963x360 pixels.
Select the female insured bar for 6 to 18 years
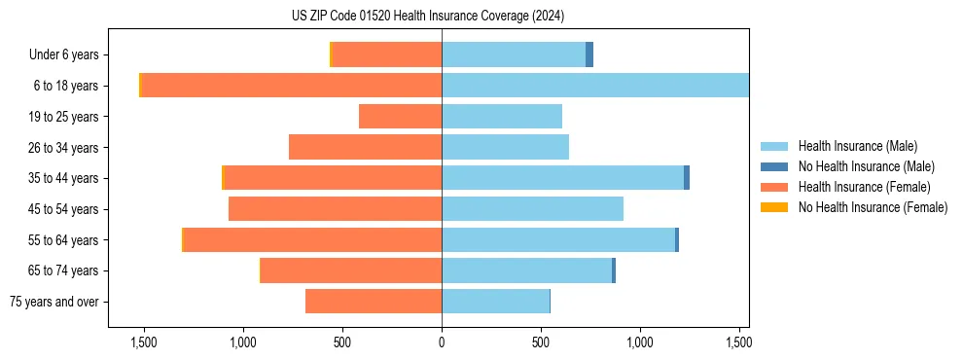(x=292, y=86)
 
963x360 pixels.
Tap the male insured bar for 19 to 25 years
(x=502, y=117)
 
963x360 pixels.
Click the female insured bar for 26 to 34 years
(x=366, y=147)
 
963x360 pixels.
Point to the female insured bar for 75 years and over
(x=374, y=302)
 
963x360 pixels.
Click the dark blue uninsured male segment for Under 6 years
(x=589, y=55)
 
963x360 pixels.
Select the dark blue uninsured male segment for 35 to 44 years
(x=687, y=178)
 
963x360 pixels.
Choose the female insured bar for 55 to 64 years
(x=312, y=239)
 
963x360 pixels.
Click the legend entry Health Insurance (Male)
(x=857, y=146)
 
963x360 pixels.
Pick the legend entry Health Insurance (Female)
(x=864, y=187)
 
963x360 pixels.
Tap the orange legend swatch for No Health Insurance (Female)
(x=774, y=207)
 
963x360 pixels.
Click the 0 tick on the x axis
(x=442, y=342)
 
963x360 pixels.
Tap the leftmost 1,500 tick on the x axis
(x=143, y=342)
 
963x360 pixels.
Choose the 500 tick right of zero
(x=541, y=342)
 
